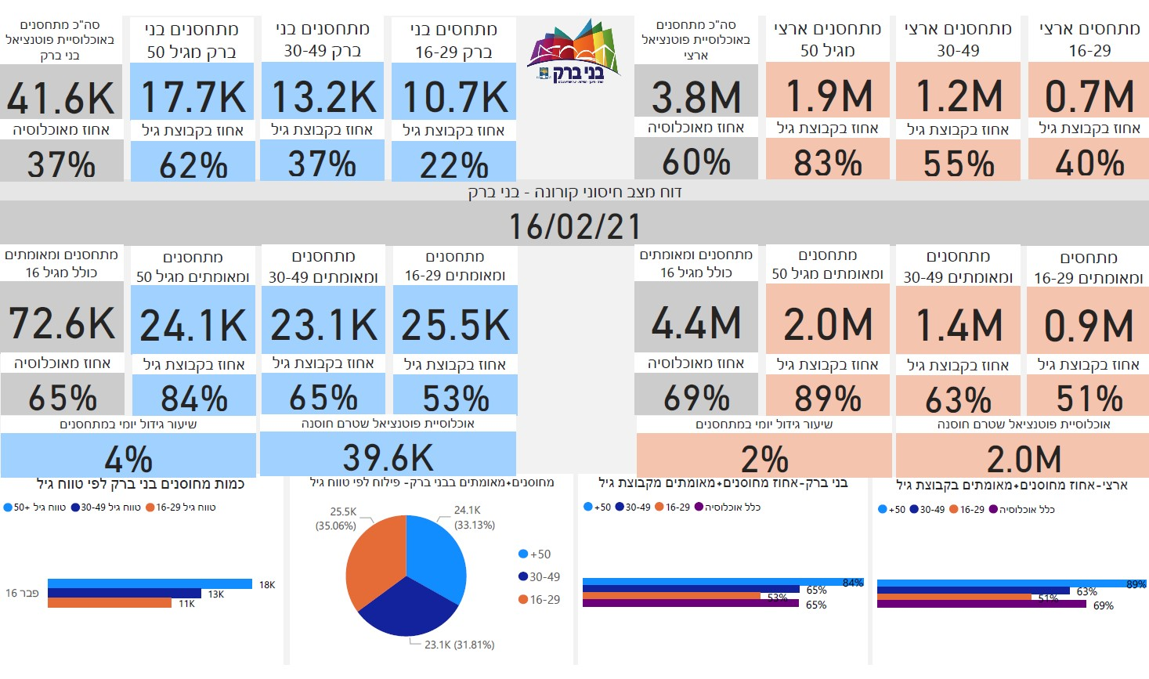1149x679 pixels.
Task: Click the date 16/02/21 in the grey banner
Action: pos(574,226)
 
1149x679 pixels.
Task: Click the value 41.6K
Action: pos(61,98)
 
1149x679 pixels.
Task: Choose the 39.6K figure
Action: pos(388,458)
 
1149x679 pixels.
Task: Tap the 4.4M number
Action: pos(696,323)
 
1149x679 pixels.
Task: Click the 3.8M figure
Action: pos(696,98)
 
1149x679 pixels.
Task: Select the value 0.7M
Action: pos(1089,96)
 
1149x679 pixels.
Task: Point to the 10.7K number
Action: pos(454,98)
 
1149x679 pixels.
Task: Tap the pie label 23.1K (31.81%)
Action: pos(459,645)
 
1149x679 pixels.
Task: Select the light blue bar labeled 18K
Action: pos(150,583)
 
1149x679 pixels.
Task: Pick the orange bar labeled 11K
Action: pos(110,603)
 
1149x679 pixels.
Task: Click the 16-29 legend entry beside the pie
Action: pos(540,599)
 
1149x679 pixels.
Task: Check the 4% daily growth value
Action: pos(128,459)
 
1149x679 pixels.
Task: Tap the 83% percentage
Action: pos(827,164)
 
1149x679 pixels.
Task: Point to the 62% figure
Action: pos(193,165)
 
